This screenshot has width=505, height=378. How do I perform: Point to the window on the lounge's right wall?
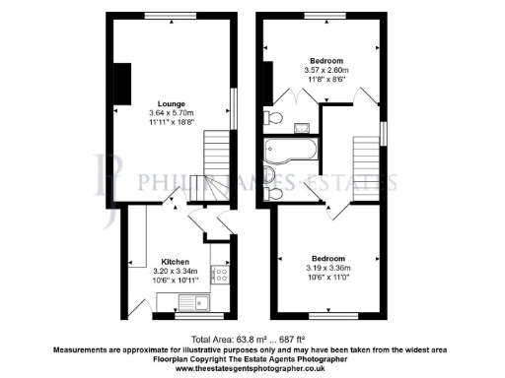tap(235, 107)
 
